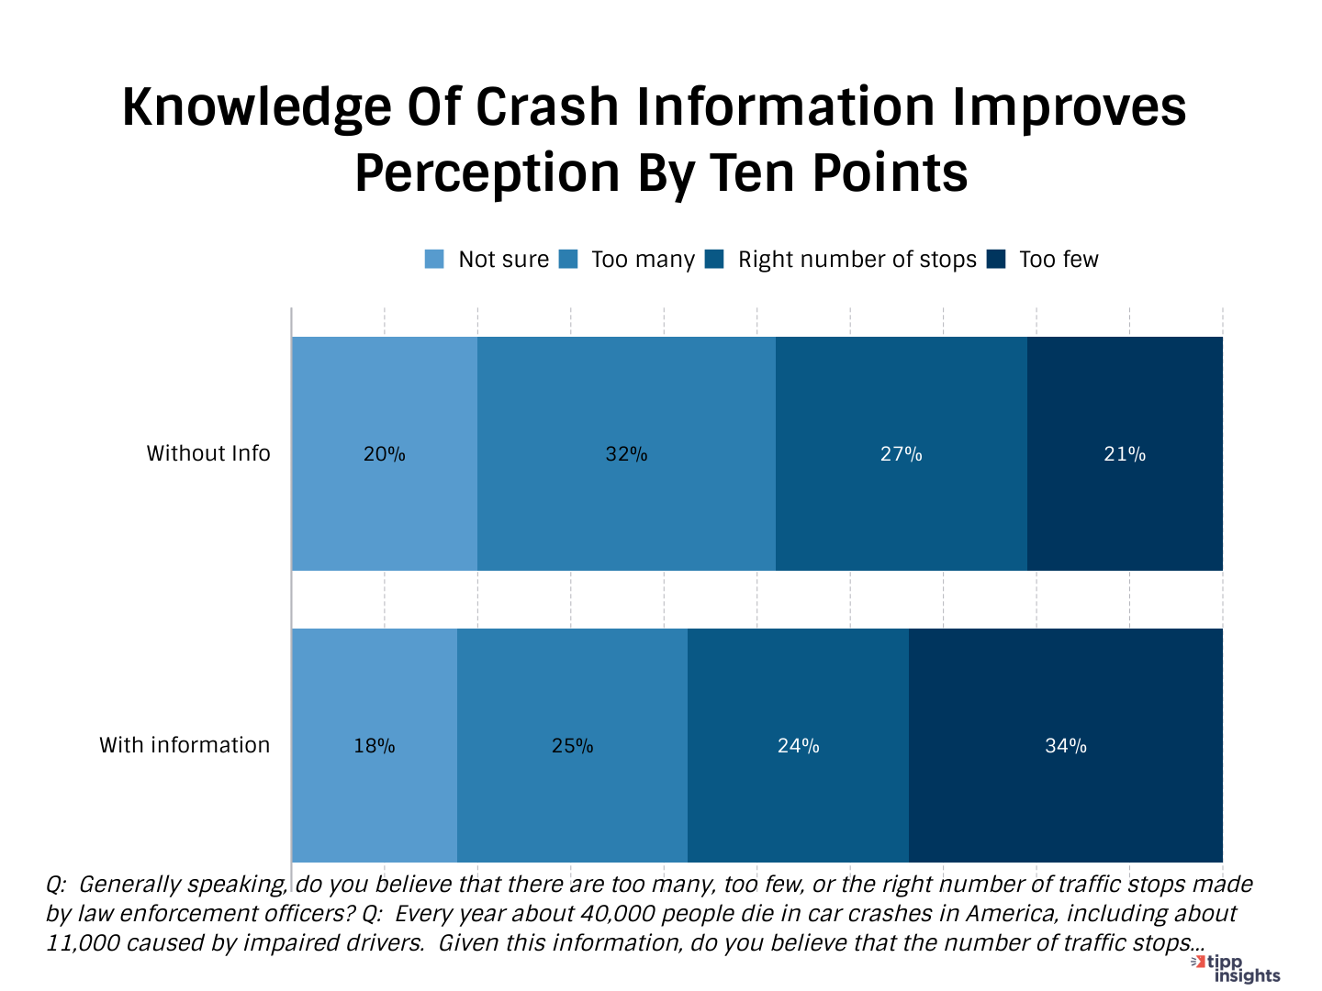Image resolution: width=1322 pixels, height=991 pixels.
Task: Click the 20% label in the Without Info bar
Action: click(384, 454)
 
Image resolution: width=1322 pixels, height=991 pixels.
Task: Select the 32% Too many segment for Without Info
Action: click(626, 454)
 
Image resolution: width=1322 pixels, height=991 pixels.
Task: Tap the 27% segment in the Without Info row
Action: click(901, 454)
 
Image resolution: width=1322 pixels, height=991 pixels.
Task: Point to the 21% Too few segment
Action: click(1125, 454)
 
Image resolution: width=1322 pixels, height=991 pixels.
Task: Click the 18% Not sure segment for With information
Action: click(375, 746)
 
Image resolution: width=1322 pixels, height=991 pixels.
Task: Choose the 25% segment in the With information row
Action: click(572, 746)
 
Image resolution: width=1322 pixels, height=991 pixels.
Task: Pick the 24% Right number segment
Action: click(798, 746)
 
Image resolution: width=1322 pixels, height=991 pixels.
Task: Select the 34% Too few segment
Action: click(1065, 746)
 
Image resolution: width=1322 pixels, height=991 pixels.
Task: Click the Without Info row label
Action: click(208, 453)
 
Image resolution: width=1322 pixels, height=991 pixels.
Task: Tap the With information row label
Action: click(185, 745)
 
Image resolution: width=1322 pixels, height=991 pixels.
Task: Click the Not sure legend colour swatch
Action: click(434, 260)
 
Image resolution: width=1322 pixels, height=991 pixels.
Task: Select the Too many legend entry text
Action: click(643, 260)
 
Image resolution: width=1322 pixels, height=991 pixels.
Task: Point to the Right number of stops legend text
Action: click(857, 260)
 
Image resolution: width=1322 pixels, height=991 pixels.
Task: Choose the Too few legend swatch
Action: click(997, 260)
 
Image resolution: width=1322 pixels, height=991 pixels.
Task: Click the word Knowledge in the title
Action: click(257, 107)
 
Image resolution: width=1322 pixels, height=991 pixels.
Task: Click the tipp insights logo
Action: click(1238, 968)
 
